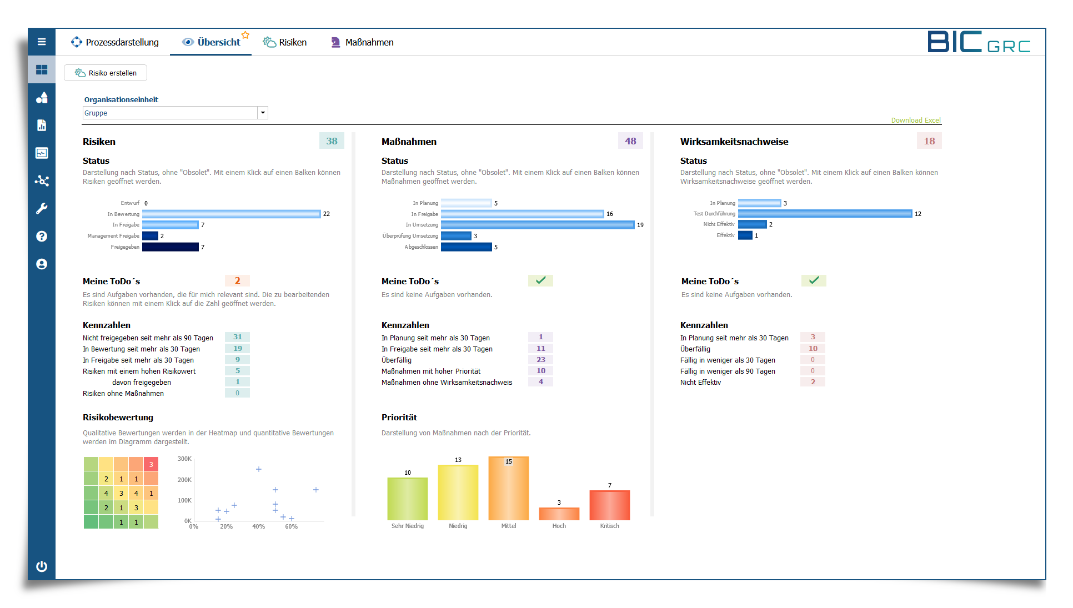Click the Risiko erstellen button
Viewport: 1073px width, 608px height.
(x=106, y=73)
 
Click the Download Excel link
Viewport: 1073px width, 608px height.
(x=915, y=120)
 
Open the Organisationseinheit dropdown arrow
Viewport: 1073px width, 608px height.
(x=263, y=113)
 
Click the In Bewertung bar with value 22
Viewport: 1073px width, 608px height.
(x=231, y=214)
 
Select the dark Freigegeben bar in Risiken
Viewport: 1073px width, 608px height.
(x=170, y=247)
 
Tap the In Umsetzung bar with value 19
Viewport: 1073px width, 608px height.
(x=537, y=225)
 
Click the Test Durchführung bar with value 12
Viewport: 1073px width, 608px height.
(x=825, y=214)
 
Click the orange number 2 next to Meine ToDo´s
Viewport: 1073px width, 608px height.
(x=237, y=281)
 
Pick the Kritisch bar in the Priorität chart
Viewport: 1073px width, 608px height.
(x=609, y=505)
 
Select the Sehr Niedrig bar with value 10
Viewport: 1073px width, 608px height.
(x=407, y=499)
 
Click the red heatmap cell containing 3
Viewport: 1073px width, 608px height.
(x=151, y=464)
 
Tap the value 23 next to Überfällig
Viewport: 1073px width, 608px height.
(x=540, y=360)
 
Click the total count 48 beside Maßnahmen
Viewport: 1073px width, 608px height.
(x=630, y=141)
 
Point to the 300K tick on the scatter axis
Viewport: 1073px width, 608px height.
(x=184, y=459)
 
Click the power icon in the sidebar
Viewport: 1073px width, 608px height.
(x=42, y=566)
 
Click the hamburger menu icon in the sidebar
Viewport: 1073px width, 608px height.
(x=42, y=42)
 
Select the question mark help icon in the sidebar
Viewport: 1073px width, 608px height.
(x=42, y=237)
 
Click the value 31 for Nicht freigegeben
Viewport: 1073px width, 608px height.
(x=237, y=337)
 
